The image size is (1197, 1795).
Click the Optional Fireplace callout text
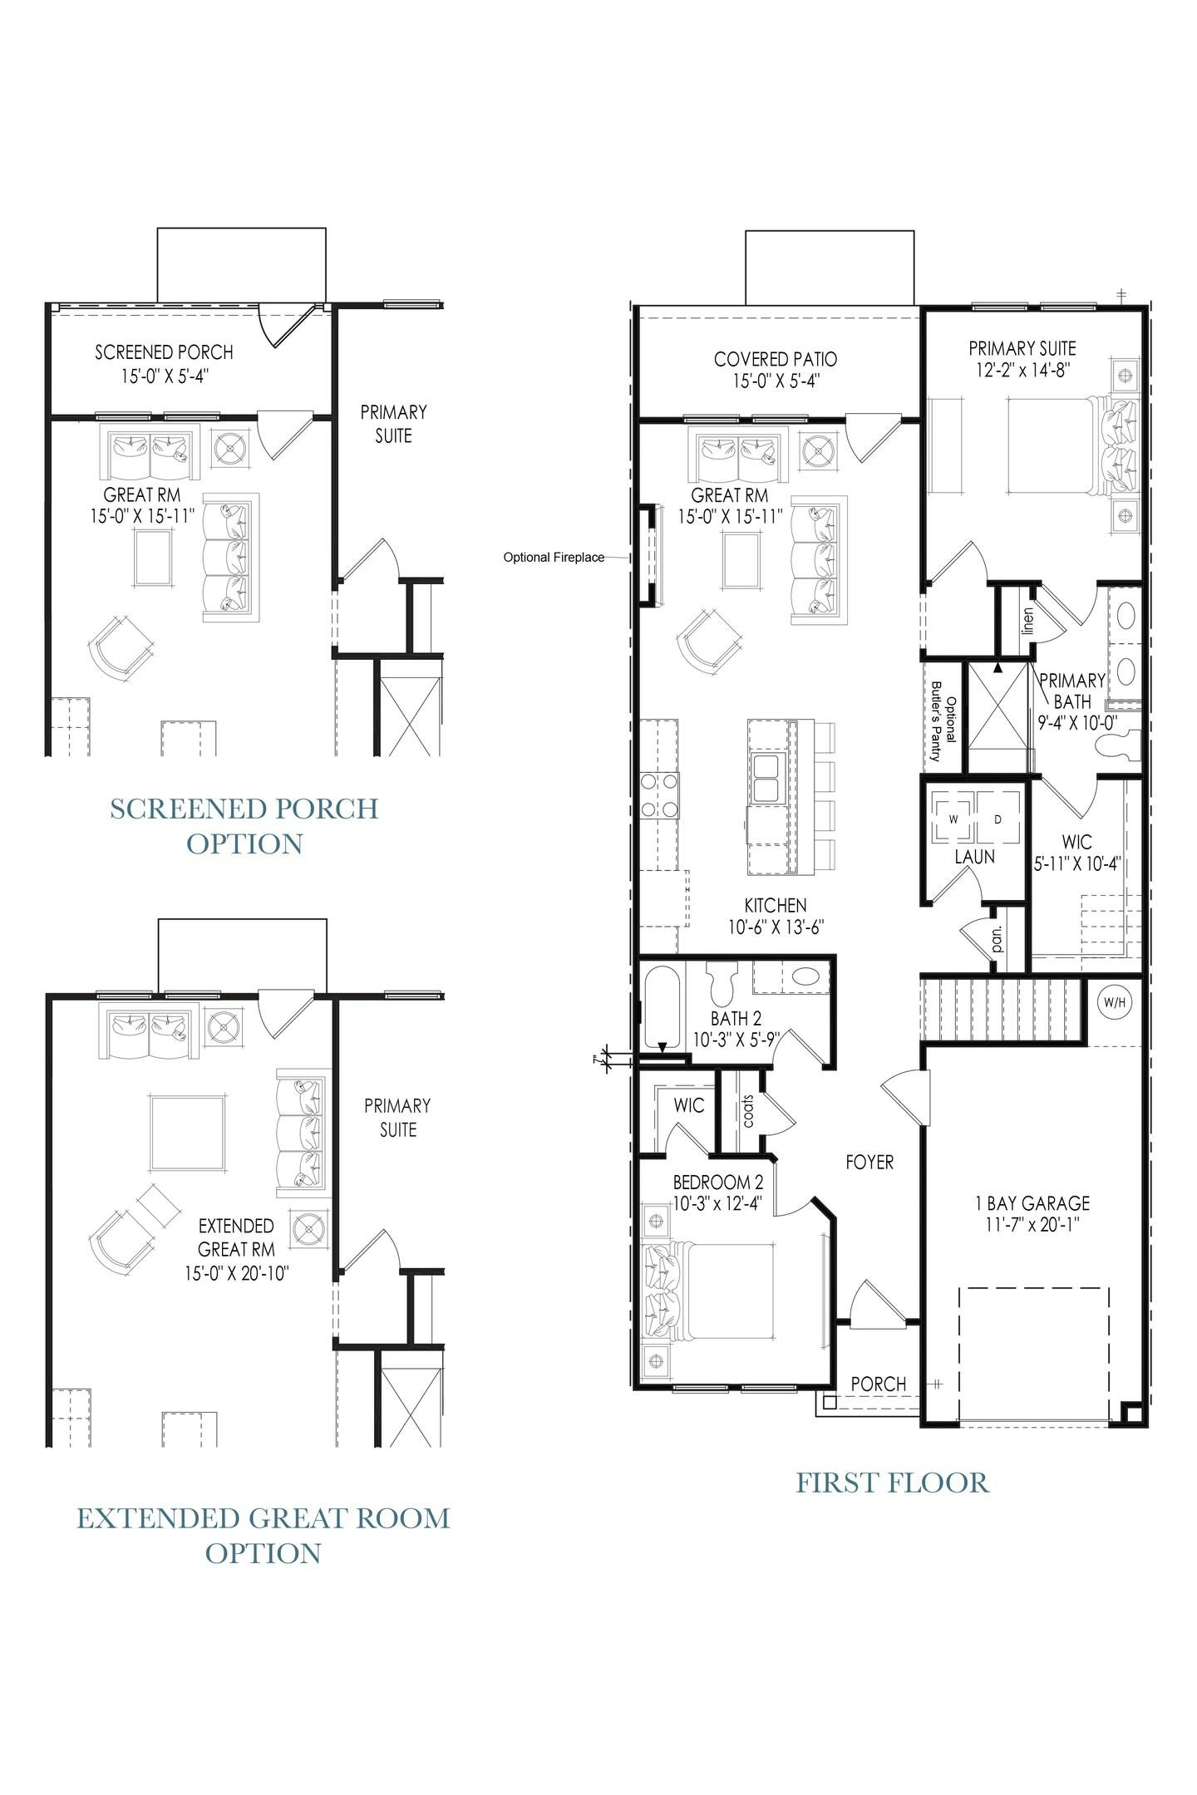pyautogui.click(x=554, y=557)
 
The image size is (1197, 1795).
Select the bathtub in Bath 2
pyautogui.click(x=662, y=1006)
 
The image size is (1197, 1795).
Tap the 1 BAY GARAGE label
pyautogui.click(x=1032, y=1202)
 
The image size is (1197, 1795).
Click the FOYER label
pyautogui.click(x=869, y=1163)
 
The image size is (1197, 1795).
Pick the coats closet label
pyautogui.click(x=747, y=1110)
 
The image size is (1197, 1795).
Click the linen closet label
pyautogui.click(x=1027, y=621)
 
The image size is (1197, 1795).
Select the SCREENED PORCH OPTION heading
pyautogui.click(x=244, y=825)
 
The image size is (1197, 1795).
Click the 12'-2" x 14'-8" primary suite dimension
pyautogui.click(x=1022, y=371)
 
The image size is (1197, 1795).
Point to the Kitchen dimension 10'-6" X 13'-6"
pyautogui.click(x=775, y=927)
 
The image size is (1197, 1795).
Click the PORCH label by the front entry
pyautogui.click(x=879, y=1384)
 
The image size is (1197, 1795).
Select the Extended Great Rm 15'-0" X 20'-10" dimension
pyautogui.click(x=237, y=1273)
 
